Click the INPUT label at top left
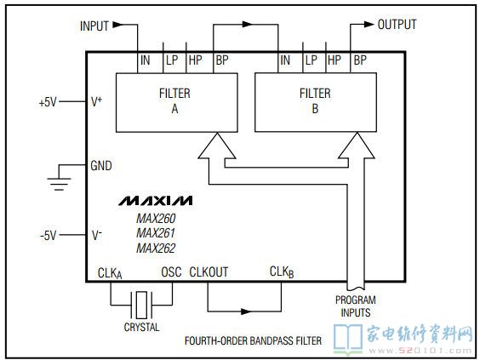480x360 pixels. click(x=94, y=26)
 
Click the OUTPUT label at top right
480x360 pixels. click(x=397, y=25)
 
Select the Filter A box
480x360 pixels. click(x=174, y=101)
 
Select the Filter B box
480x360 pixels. click(x=316, y=101)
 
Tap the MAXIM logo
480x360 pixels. click(x=155, y=201)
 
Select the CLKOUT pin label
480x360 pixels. click(x=209, y=271)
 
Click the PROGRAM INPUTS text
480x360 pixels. click(x=356, y=306)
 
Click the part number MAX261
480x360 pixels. click(x=155, y=233)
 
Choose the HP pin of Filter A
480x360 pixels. click(x=195, y=60)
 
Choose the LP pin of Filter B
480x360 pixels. click(x=311, y=60)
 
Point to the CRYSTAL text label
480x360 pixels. click(x=141, y=327)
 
